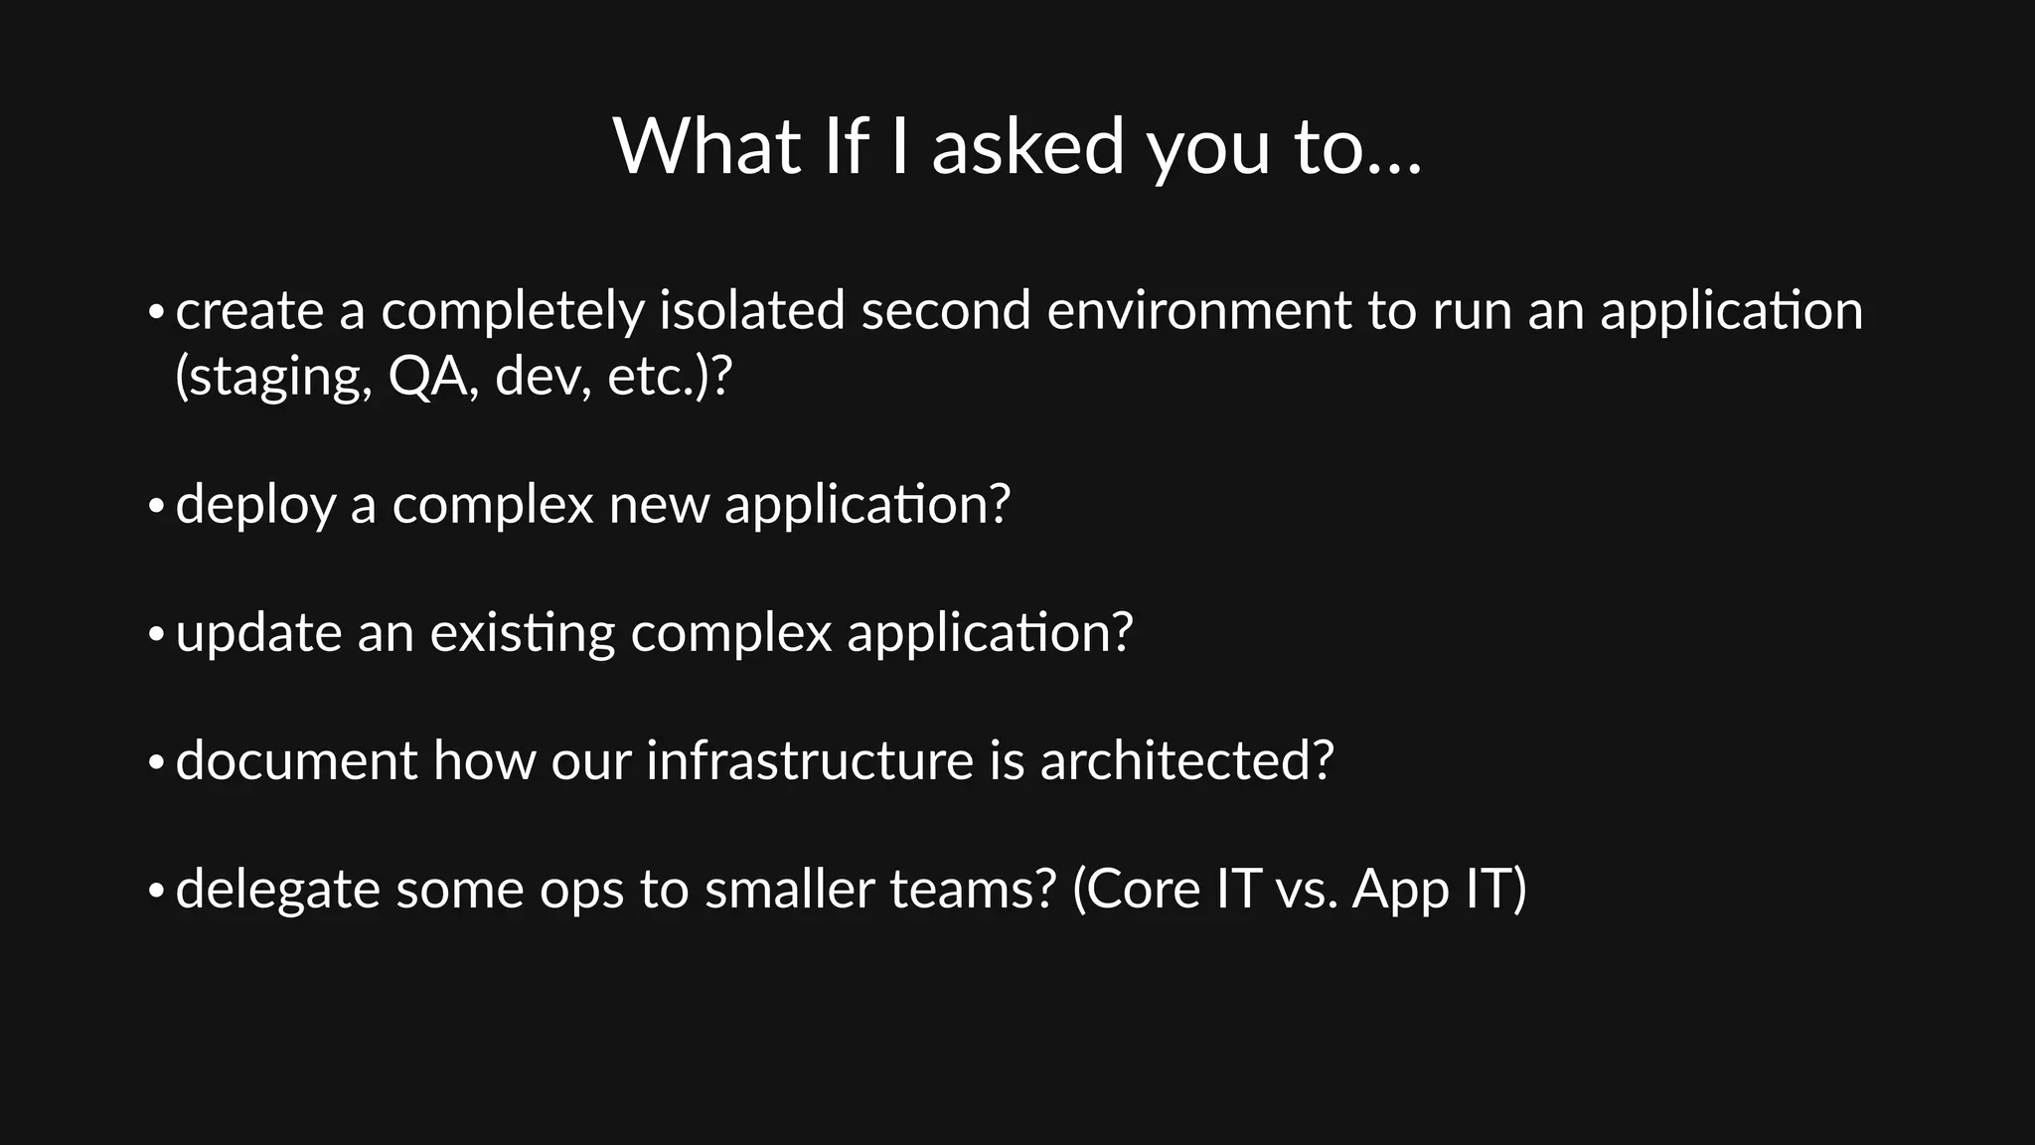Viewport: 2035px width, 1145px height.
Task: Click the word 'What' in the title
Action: (x=706, y=147)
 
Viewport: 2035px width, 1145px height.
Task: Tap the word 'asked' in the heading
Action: (x=1027, y=147)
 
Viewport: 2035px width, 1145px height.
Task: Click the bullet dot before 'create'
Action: (x=155, y=313)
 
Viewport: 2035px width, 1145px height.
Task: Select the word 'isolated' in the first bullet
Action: (x=752, y=310)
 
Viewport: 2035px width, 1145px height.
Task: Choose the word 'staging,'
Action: (x=273, y=379)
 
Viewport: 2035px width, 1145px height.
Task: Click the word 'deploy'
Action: (x=255, y=506)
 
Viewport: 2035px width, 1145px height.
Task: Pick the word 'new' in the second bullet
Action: (x=659, y=506)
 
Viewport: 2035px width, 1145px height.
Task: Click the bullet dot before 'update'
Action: (x=155, y=635)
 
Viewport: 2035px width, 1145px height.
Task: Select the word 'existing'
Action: (x=522, y=634)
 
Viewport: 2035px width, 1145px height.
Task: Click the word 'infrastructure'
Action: (x=810, y=761)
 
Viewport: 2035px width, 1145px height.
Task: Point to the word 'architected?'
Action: (x=1186, y=761)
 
